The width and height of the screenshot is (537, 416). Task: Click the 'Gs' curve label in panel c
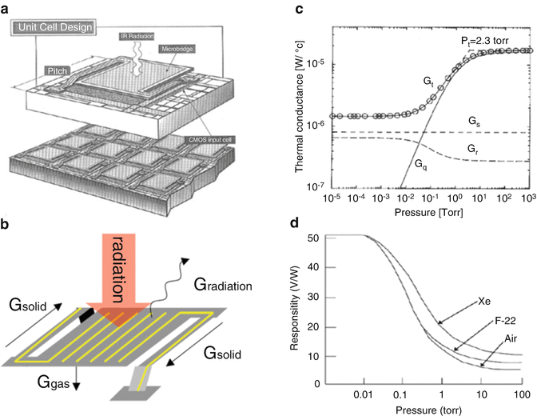pos(452,118)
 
